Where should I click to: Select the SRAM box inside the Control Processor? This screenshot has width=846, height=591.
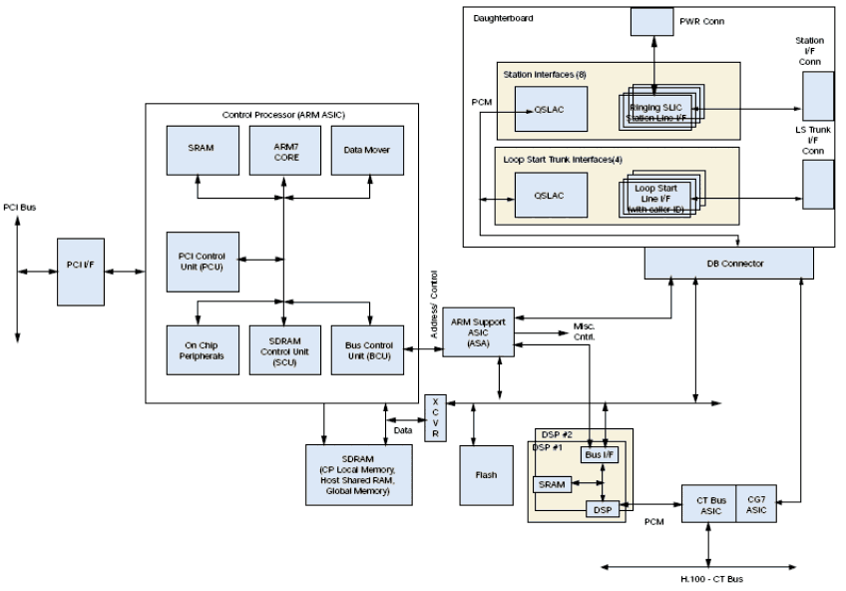199,149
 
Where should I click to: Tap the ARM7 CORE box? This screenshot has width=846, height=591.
283,149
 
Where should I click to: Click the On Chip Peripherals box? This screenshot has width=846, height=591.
199,349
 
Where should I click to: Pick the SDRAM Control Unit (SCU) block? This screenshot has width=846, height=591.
283,349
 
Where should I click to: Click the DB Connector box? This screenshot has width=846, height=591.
729,263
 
